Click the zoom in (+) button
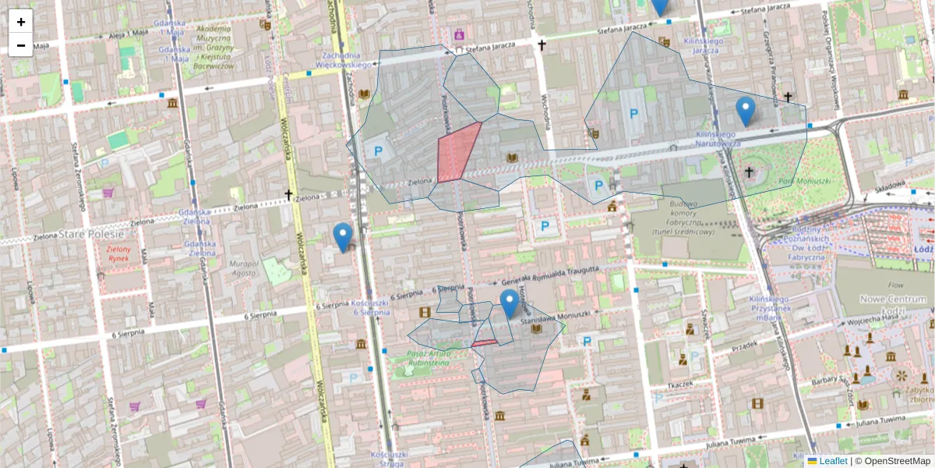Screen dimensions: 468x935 [21, 22]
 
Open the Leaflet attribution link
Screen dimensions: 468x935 [833, 461]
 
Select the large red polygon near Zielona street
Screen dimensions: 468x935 [457, 153]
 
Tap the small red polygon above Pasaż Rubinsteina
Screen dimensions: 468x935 [484, 342]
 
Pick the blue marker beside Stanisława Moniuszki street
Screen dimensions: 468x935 [510, 303]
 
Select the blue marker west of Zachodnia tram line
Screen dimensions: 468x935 [342, 236]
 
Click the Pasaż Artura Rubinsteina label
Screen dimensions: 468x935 [428, 357]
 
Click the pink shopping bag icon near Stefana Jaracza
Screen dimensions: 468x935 [459, 34]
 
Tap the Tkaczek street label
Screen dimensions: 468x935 [680, 385]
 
